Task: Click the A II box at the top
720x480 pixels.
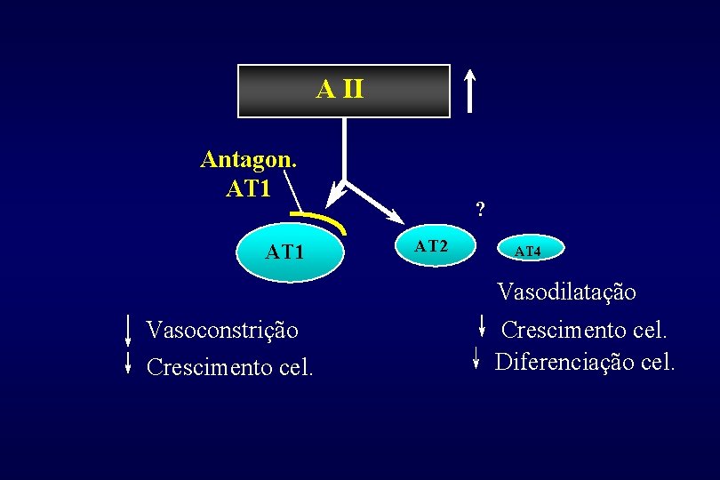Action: point(343,91)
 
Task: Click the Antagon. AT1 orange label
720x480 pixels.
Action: point(248,172)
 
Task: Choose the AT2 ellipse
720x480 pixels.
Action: point(432,246)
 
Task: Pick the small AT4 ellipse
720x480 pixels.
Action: point(527,252)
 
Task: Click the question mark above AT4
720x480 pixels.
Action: point(480,211)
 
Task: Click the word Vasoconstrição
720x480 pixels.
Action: point(222,331)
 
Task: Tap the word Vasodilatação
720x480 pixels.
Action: point(567,292)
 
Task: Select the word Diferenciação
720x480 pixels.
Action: point(564,363)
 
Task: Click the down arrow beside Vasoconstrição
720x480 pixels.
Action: point(128,330)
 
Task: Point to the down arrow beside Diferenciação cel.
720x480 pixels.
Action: point(476,358)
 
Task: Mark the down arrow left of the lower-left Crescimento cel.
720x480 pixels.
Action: point(128,364)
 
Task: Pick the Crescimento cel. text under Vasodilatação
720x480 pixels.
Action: point(584,331)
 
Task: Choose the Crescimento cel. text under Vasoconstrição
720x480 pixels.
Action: point(229,366)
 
